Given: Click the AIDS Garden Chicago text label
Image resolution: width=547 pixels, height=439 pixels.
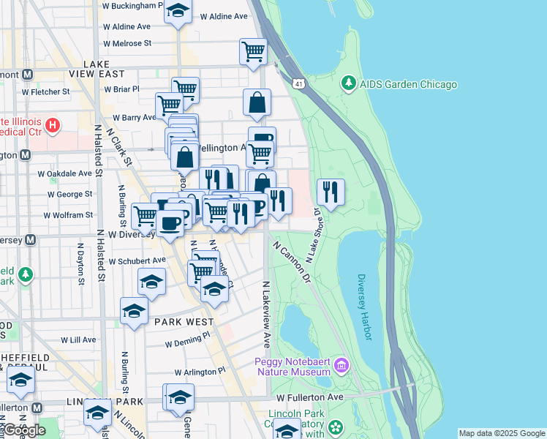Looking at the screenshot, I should click(x=408, y=84).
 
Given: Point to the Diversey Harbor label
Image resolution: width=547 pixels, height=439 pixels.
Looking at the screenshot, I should click(x=365, y=307).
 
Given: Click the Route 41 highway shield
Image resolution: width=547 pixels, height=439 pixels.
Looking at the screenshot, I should click(x=299, y=85).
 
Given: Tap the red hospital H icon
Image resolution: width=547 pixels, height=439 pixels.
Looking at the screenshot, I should click(x=52, y=126).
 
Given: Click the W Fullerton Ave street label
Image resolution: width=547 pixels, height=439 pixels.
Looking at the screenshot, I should click(x=310, y=397).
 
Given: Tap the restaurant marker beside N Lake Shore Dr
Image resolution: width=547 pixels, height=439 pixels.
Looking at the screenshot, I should click(x=331, y=192).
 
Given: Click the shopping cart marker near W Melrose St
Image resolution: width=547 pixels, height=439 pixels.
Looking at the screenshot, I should click(x=253, y=52).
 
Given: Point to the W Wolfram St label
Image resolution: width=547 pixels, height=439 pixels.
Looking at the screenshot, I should click(x=68, y=215).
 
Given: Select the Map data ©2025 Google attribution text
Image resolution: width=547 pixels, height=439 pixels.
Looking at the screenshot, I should click(x=502, y=433).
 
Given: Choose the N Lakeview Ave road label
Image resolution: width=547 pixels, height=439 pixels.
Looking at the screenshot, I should click(x=267, y=315).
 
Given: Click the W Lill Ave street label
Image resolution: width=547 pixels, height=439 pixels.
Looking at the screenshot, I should click(x=78, y=340).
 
